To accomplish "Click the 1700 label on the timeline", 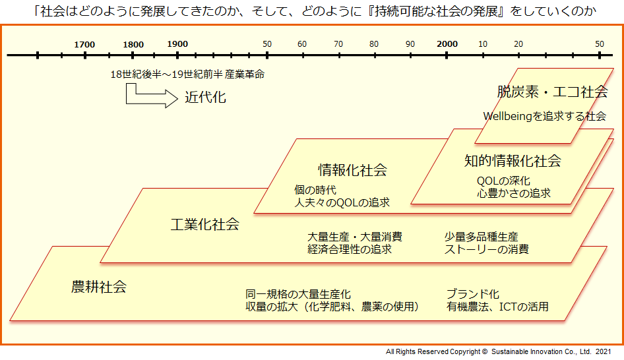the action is coord(84,45).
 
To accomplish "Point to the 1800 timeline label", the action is coord(133,45).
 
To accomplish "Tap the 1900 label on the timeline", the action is coord(177,44).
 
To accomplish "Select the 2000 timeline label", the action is coord(447,44).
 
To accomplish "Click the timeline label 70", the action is coord(338,44).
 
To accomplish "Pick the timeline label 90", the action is coord(410,44).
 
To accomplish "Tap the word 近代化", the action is coord(205,98).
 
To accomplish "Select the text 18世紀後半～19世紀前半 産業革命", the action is coord(187,75).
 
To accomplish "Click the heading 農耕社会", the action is coord(99,287).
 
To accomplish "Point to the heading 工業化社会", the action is coord(205,224).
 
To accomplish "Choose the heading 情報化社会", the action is coord(353,170).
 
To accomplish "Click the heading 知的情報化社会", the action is coord(513,161).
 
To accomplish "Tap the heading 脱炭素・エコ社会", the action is coord(552,92).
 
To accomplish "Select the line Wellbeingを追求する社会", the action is coord(544,116).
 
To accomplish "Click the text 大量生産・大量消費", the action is coord(355,237).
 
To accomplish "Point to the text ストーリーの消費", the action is coord(486,249).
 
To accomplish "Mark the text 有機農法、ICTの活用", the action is coord(497,307).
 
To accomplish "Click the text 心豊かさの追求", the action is coord(514,193).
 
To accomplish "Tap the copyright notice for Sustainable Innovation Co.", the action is coord(498,351).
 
